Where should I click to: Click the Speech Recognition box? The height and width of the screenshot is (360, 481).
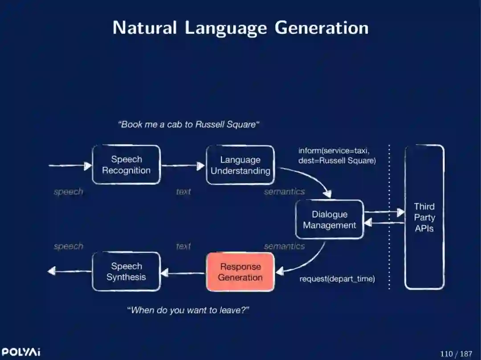tap(126, 165)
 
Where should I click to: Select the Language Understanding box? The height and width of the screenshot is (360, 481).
tap(240, 165)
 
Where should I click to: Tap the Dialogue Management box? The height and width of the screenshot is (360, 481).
tap(330, 220)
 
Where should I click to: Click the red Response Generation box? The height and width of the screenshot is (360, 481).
tap(240, 272)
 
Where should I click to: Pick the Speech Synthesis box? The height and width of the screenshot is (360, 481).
tap(126, 271)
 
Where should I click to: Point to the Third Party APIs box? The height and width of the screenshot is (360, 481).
tap(424, 217)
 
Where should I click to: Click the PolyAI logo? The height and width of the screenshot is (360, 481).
tap(20, 352)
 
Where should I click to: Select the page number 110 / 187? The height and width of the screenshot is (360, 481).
tap(456, 354)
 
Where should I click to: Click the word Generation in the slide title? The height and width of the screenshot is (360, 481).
tap(322, 28)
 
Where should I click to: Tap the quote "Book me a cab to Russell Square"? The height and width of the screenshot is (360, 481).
tap(189, 125)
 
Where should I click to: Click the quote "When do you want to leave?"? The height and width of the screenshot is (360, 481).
tap(188, 310)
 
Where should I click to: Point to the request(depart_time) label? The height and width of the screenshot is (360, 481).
tap(337, 279)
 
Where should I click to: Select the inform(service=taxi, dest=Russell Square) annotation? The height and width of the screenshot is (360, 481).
tap(337, 155)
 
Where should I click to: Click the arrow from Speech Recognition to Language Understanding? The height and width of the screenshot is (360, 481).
tap(183, 166)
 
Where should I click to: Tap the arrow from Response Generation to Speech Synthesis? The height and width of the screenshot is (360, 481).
tap(183, 272)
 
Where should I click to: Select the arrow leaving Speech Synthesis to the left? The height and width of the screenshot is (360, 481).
tap(69, 271)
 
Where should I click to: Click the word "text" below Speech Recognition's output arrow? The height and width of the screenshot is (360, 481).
tap(183, 192)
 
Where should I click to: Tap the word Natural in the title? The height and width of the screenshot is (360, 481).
tap(145, 28)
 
